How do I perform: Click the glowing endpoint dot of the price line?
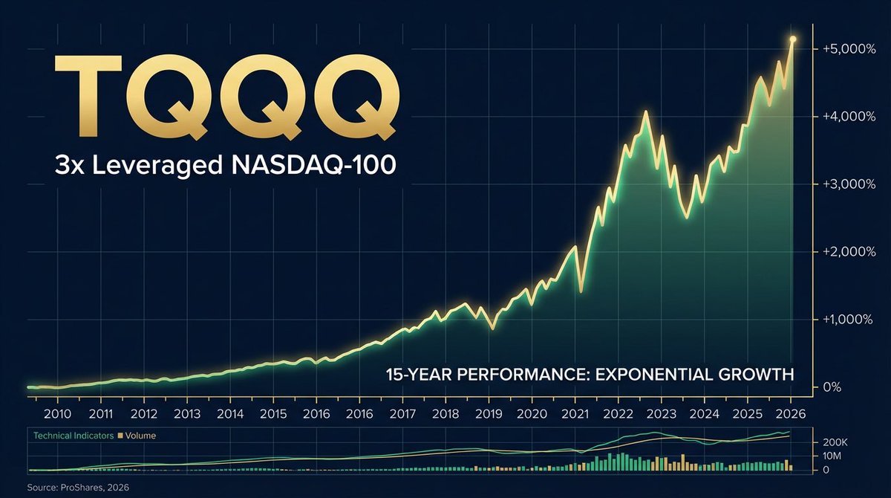click(793, 39)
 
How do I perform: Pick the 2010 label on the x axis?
click(57, 414)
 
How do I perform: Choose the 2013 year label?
click(187, 414)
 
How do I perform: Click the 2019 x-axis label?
click(489, 414)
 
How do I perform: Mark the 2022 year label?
click(619, 414)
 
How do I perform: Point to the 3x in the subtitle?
click(68, 165)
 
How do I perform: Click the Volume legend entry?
click(140, 436)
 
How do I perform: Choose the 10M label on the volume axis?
click(833, 456)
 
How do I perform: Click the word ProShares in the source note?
click(71, 487)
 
